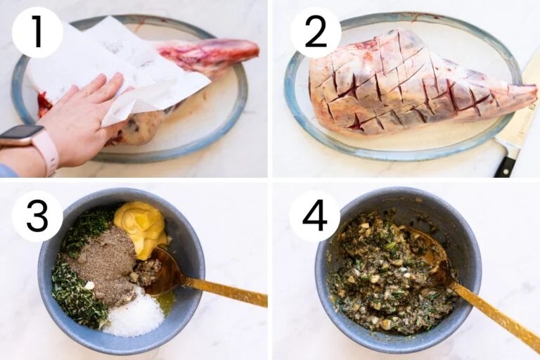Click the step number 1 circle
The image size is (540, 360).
click(37, 32)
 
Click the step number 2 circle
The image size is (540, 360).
click(314, 32)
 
